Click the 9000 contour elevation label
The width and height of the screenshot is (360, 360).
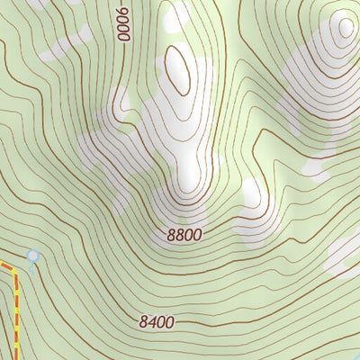pos(123,20)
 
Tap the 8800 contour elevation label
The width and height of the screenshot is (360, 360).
pos(184,235)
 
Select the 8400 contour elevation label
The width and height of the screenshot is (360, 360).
pos(157,320)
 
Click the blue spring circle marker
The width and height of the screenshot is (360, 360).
pos(33,257)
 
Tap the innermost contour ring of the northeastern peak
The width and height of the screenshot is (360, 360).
pos(344,26)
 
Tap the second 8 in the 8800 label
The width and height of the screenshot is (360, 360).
pos(180,235)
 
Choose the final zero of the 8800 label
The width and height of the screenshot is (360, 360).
pos(197,235)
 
